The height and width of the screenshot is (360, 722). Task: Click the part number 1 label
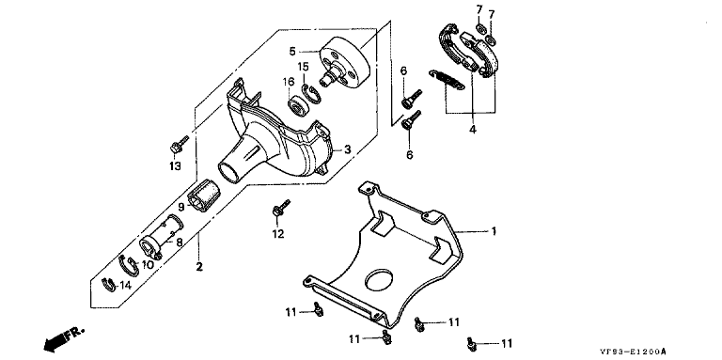494,230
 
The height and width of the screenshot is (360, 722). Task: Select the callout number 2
199,267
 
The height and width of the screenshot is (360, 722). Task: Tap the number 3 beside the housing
348,149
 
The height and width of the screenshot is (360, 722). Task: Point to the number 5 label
292,51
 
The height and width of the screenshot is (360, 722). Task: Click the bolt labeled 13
179,145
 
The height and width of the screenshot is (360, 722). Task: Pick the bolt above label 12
280,208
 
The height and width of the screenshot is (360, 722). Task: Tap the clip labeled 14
109,285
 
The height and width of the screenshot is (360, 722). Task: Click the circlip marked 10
129,265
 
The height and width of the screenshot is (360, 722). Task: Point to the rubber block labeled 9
202,197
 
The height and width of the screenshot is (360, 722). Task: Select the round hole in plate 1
380,280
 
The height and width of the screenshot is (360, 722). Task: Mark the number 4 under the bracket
473,130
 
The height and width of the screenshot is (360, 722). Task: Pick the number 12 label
277,234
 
